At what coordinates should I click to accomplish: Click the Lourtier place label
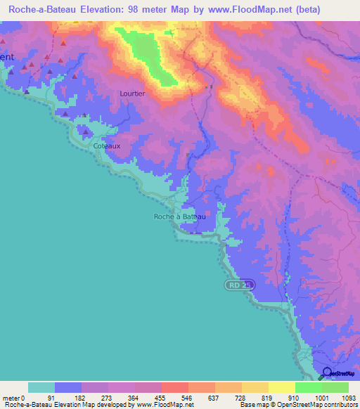[x=132, y=93]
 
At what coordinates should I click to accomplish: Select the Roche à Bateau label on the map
[x=180, y=216]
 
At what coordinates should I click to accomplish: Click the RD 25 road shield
[x=239, y=285]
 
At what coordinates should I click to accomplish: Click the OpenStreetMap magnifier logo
[x=327, y=372]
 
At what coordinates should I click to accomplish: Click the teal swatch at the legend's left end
[x=41, y=388]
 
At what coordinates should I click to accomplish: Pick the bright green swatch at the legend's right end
[x=335, y=388]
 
